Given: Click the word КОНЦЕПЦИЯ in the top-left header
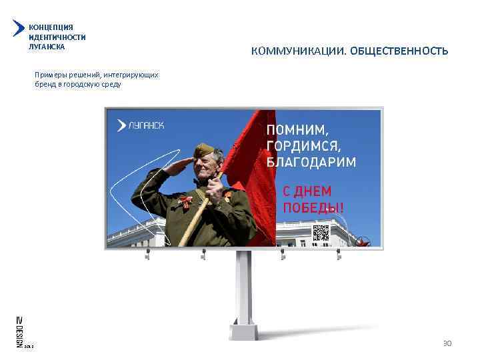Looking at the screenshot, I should pos(51,27).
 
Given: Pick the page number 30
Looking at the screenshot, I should pos(447,343).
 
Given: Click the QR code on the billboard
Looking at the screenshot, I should pos(321,233).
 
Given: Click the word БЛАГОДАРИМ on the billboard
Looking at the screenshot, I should pos(311,162).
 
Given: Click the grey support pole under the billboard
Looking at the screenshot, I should pos(244,293).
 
